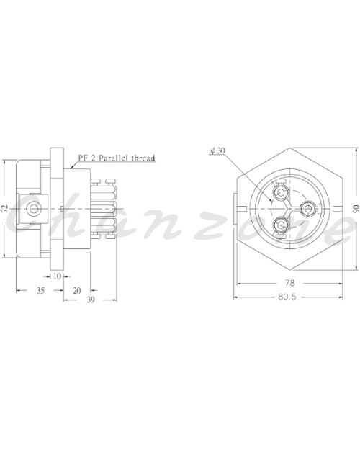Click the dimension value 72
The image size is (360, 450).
tap(5, 209)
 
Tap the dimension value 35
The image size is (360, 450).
tap(40, 291)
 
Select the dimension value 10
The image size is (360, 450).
tap(57, 276)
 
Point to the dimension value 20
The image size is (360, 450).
tap(76, 291)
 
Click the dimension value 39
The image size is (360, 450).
tap(91, 300)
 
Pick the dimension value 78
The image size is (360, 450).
tap(290, 283)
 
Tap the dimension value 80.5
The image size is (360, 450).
tap(287, 297)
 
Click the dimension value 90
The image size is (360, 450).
tap(356, 209)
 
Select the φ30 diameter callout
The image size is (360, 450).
tap(218, 150)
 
